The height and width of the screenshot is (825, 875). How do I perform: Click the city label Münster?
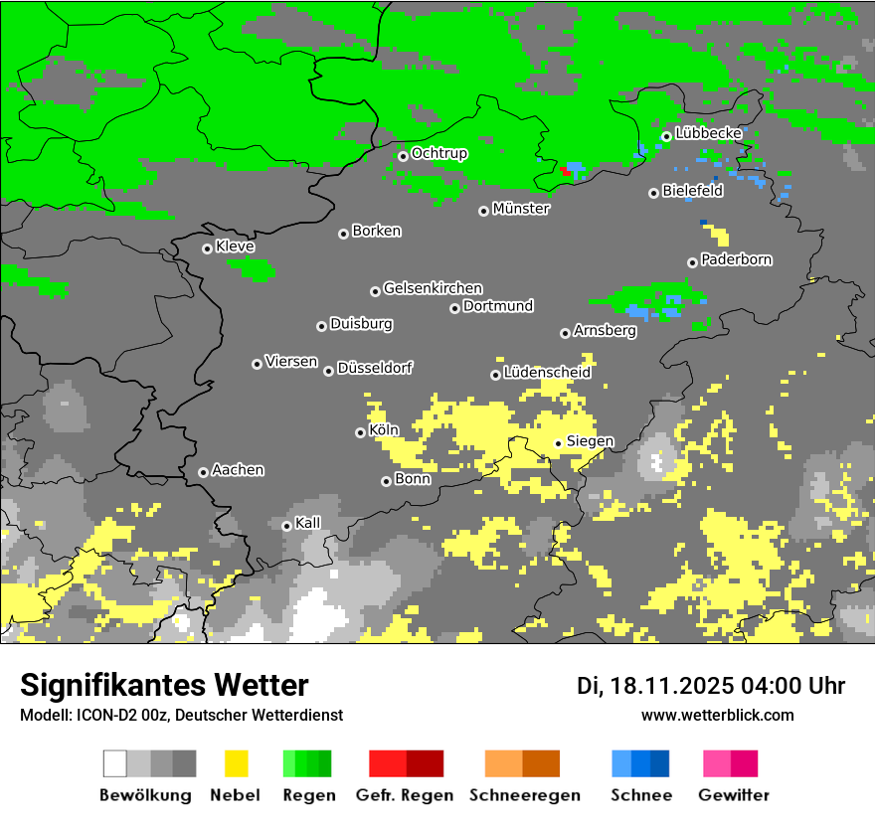tap(520, 209)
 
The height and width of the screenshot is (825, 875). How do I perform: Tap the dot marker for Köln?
tap(360, 432)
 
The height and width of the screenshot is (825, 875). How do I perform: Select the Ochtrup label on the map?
tap(438, 153)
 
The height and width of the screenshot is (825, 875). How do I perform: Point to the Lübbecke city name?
tap(708, 133)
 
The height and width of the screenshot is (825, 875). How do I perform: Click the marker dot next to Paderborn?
tap(692, 262)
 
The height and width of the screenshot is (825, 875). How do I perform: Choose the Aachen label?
tap(238, 470)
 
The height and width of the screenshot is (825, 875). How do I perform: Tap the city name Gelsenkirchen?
tap(433, 288)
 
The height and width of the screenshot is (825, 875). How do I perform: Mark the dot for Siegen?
tap(558, 443)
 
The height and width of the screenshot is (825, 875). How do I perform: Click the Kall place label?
tap(308, 523)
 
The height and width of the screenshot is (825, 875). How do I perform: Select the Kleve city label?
tap(235, 247)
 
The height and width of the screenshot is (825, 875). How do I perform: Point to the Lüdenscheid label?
tap(547, 373)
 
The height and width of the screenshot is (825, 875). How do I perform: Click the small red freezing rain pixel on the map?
tap(565, 171)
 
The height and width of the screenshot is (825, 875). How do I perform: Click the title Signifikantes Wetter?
tap(164, 685)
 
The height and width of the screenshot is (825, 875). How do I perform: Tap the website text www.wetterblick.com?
tap(717, 715)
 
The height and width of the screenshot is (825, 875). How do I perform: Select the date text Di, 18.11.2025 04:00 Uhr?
tap(710, 686)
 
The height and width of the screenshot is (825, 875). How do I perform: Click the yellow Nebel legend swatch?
tap(235, 763)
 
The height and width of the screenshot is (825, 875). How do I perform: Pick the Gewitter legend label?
tap(734, 795)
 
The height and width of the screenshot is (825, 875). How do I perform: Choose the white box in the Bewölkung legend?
tap(115, 763)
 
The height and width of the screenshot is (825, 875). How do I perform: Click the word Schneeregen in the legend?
tap(524, 795)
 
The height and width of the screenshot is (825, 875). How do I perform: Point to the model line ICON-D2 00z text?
tap(181, 715)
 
